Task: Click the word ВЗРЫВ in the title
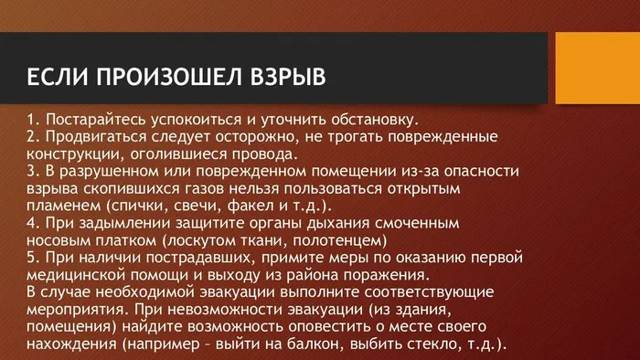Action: (276, 71)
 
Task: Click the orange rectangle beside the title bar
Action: (598, 67)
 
